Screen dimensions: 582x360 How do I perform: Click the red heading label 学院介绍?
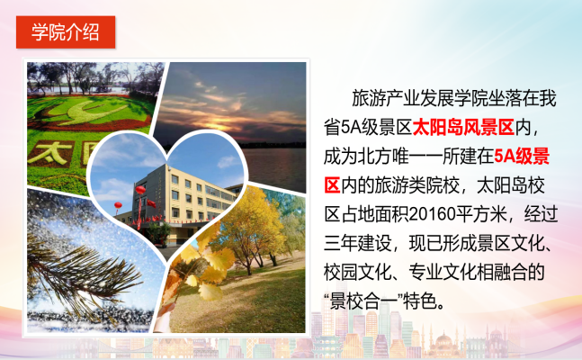(66, 32)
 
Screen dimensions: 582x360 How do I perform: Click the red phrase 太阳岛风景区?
(463, 128)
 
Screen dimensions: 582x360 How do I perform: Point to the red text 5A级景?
(522, 157)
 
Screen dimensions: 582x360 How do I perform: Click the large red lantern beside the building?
(140, 190)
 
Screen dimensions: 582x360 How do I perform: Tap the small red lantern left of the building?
(118, 205)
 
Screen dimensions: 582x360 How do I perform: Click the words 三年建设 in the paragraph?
(358, 243)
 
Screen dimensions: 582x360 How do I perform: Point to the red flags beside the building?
(151, 203)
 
